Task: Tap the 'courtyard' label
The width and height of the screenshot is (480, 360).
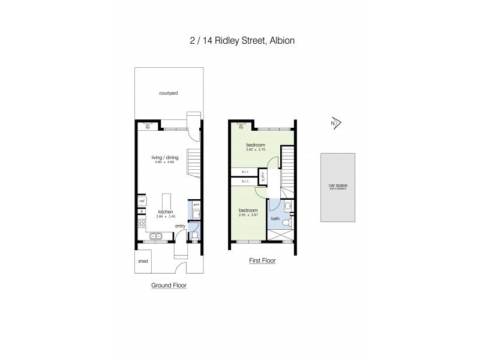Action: pyautogui.click(x=169, y=94)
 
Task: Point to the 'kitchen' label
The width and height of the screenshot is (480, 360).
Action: pyautogui.click(x=166, y=212)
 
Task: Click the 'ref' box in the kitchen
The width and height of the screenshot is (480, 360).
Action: pyautogui.click(x=142, y=201)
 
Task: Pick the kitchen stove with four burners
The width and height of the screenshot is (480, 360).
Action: pyautogui.click(x=142, y=224)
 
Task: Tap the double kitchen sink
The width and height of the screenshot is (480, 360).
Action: pyautogui.click(x=157, y=236)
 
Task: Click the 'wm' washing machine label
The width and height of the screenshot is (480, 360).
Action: pyautogui.click(x=196, y=205)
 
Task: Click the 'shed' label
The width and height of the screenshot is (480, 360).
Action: pyautogui.click(x=143, y=262)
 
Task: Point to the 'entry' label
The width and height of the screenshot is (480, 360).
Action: pyautogui.click(x=180, y=226)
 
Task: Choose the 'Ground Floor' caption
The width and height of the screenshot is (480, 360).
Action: pyautogui.click(x=169, y=286)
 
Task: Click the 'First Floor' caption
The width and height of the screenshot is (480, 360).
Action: pyautogui.click(x=262, y=261)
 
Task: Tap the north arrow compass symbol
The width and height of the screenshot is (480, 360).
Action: pyautogui.click(x=335, y=124)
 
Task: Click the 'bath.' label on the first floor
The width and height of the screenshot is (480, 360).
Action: pyautogui.click(x=275, y=219)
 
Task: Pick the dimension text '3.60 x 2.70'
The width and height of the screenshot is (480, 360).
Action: pyautogui.click(x=255, y=151)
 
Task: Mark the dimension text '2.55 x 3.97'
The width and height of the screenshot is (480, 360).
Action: pyautogui.click(x=248, y=216)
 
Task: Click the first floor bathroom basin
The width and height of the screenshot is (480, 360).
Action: pyautogui.click(x=288, y=207)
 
